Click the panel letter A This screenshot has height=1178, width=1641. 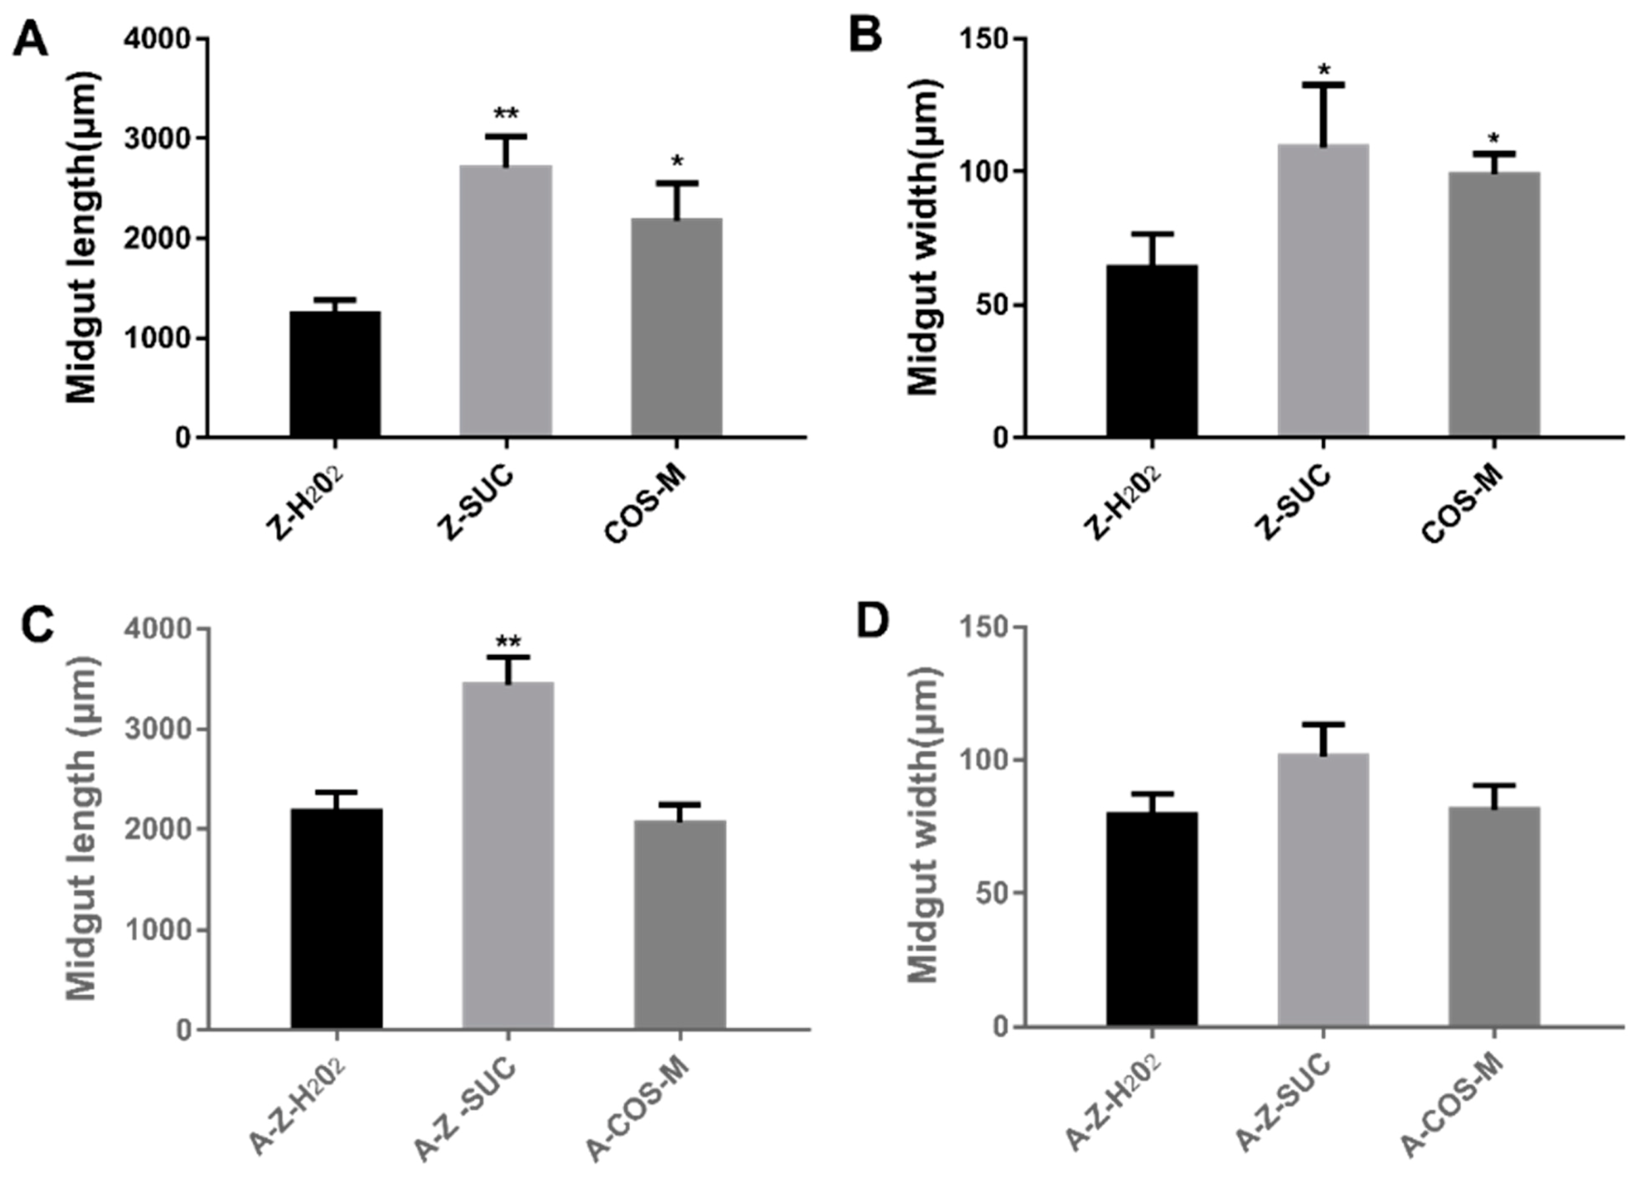31,39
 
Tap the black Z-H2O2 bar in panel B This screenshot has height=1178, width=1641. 1151,351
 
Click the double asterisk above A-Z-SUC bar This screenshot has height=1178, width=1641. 508,641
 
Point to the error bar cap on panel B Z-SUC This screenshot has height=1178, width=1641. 1323,85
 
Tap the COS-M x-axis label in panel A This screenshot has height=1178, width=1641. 645,506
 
